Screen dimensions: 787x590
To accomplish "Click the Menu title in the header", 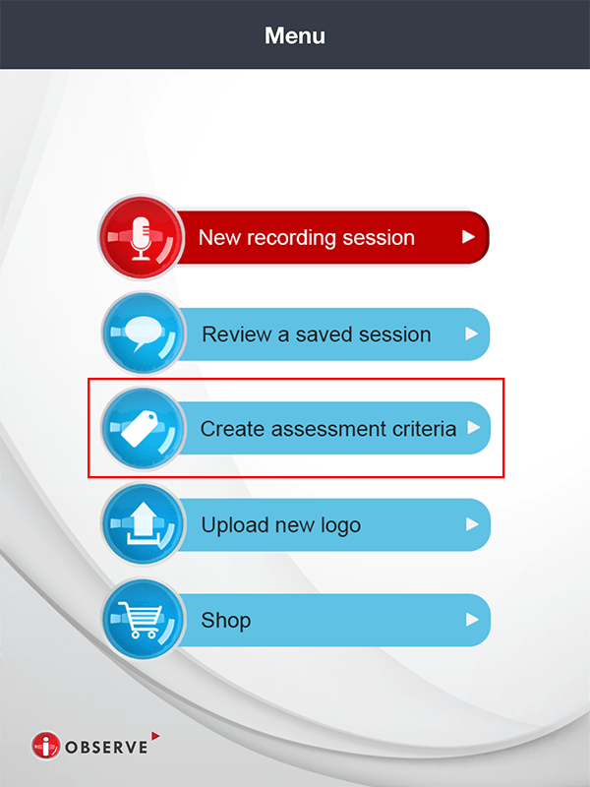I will (295, 36).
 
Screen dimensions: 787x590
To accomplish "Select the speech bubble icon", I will (143, 334).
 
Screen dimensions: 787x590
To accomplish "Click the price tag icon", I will (143, 429).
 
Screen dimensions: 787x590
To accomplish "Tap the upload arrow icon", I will (143, 524).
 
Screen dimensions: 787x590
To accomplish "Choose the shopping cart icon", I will (143, 620).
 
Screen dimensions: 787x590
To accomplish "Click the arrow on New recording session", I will (468, 237).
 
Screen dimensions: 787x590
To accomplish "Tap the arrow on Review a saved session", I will (472, 334).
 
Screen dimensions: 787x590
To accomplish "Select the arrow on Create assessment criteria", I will (472, 428).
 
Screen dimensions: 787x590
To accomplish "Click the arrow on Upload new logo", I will (472, 524).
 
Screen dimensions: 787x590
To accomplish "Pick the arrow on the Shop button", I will (472, 620).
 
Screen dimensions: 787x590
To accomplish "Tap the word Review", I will (234, 334).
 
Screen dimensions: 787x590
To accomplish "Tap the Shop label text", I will (226, 621).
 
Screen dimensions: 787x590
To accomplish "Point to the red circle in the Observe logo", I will (45, 747).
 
